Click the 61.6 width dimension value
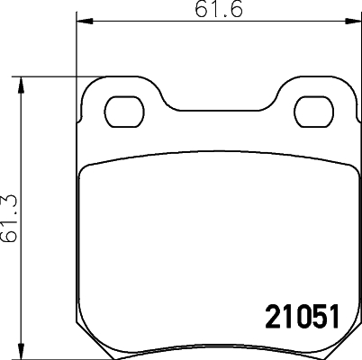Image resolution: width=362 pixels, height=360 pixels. [x=218, y=9]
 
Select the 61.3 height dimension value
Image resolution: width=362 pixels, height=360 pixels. [x=9, y=218]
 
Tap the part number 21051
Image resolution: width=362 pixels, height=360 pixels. [x=303, y=317]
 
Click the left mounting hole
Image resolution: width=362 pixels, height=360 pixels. [x=124, y=112]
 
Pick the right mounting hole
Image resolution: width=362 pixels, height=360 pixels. [x=314, y=112]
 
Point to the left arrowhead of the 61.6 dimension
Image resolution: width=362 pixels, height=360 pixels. [x=84, y=21]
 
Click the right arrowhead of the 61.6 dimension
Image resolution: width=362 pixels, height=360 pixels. [x=353, y=21]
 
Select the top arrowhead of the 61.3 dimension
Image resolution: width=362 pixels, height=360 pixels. [x=21, y=85]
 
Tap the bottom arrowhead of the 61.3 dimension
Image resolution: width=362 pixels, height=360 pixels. [x=21, y=351]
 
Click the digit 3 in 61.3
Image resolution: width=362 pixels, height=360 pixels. [x=9, y=202]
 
